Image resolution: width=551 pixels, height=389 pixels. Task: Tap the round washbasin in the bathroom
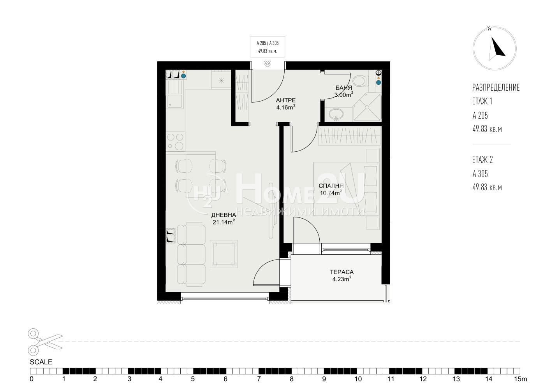coord(336,114)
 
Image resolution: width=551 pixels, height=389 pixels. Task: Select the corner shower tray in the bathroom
coord(366,107)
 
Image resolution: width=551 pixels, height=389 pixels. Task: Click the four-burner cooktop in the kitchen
coord(175,141)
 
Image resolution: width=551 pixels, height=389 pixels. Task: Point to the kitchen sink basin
coord(175,101)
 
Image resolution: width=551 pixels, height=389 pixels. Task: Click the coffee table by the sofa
coord(224,254)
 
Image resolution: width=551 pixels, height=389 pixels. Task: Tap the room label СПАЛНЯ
coord(331,186)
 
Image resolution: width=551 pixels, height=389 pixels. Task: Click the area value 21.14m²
coord(224,222)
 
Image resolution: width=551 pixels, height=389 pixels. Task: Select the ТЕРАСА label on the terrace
coord(342,272)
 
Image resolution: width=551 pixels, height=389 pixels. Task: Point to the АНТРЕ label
coord(285,100)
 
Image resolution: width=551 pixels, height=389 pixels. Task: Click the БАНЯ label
coord(343,88)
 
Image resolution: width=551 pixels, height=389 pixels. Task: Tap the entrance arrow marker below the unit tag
coord(268,64)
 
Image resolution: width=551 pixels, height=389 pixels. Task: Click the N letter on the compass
coord(489,28)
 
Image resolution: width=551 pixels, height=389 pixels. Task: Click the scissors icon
coord(45,342)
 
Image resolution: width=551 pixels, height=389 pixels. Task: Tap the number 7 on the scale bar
coord(259,379)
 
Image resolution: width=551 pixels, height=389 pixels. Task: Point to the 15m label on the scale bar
coord(521,379)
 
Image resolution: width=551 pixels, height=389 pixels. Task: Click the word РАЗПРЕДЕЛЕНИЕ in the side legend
coord(496,88)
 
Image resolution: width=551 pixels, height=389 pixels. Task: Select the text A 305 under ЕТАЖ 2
coord(480,174)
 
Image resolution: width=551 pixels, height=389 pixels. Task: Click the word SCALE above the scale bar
coord(41,362)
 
